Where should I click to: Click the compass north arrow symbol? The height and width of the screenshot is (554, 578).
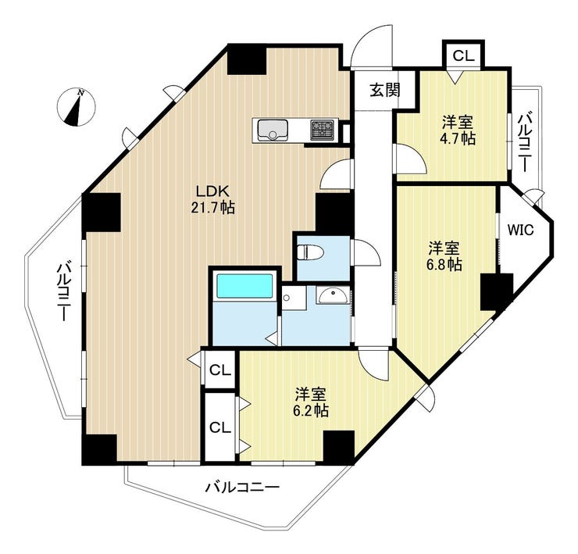tap(77, 107)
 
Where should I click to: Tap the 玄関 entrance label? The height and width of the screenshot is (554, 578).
tap(385, 90)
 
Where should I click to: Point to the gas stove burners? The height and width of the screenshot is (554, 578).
tap(322, 130)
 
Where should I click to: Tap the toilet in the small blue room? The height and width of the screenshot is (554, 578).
tap(310, 252)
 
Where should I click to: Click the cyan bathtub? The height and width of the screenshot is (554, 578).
tap(244, 285)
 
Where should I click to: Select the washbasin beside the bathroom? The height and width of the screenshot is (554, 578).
tap(332, 295)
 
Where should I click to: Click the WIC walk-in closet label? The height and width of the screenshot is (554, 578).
tap(520, 231)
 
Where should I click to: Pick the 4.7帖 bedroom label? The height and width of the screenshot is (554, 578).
tap(458, 130)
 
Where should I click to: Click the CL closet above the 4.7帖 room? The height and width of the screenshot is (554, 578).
tap(463, 55)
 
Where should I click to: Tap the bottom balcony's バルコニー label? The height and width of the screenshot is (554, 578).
tap(242, 488)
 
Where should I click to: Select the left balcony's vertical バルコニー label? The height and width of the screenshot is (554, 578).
tap(64, 291)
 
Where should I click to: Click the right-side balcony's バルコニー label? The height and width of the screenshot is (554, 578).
tap(525, 143)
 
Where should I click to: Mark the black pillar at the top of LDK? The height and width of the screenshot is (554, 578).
tap(247, 59)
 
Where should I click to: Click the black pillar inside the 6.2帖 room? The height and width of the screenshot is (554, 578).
tap(339, 445)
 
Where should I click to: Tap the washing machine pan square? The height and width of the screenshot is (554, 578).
tap(294, 297)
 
